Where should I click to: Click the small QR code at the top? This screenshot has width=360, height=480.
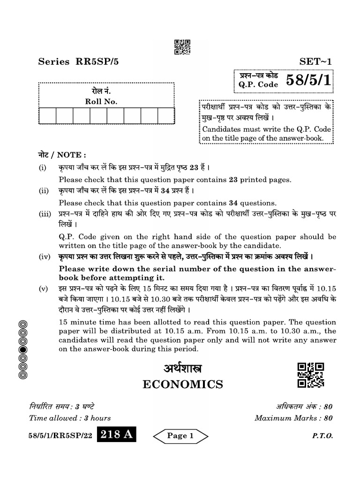[182, 47]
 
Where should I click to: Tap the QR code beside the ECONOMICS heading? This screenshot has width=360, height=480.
[311, 375]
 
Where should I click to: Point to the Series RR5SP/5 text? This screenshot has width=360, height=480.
[82, 61]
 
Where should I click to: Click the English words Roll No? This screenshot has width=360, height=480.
[101, 101]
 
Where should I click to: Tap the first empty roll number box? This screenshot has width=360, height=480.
[48, 115]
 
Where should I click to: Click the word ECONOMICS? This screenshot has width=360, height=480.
[183, 385]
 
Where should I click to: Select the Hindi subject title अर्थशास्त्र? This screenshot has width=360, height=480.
[183, 368]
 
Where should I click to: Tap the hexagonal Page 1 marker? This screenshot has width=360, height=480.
[180, 436]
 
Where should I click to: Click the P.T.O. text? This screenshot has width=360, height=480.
[322, 436]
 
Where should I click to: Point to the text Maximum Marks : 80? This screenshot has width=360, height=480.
[293, 418]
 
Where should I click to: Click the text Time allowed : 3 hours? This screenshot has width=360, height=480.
[70, 418]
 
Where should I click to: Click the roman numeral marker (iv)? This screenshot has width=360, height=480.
[44, 257]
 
